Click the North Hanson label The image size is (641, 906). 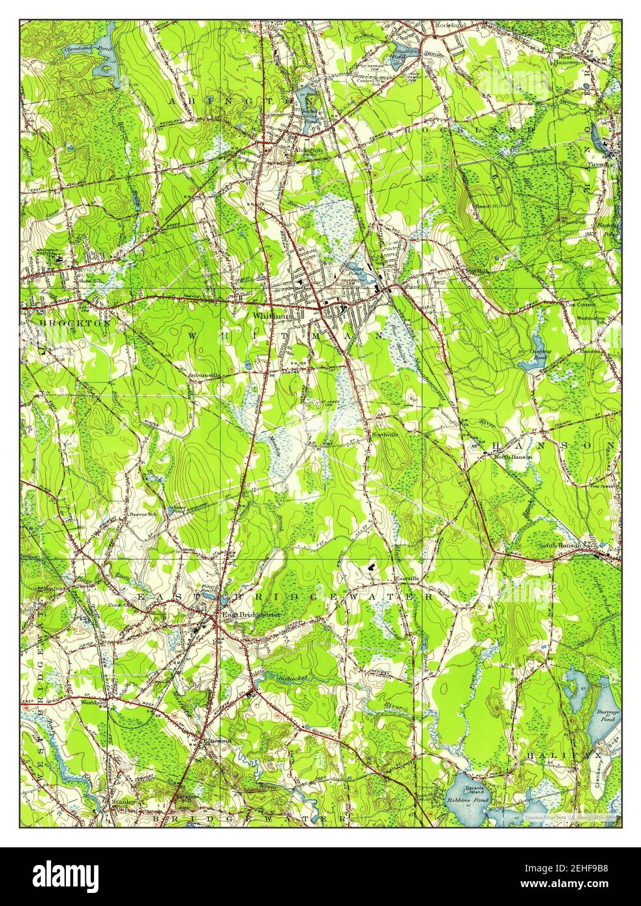513,457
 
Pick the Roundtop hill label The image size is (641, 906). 574,222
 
